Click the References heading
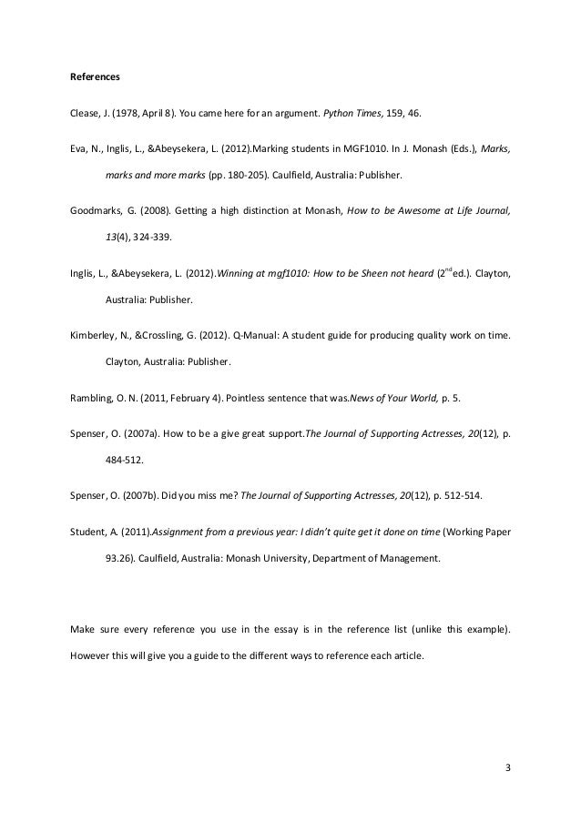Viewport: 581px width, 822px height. tap(96, 76)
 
